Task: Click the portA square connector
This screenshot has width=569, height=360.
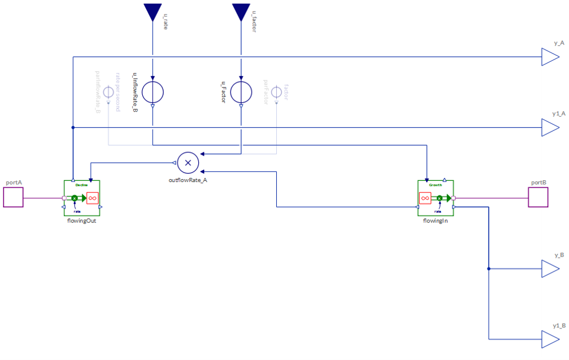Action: (x=13, y=198)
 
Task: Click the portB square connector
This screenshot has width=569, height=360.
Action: (x=538, y=198)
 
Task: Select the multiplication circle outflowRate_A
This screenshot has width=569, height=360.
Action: (x=188, y=162)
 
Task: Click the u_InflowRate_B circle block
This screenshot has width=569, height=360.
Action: (x=152, y=92)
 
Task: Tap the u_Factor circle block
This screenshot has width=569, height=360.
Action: (x=241, y=92)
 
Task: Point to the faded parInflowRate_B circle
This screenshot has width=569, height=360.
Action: (x=108, y=92)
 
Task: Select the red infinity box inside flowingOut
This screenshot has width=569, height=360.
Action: (x=92, y=198)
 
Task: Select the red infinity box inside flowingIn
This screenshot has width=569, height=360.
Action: (x=425, y=198)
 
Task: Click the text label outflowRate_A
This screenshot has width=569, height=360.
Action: (x=188, y=180)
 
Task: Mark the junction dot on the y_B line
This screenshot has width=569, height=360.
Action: (x=489, y=269)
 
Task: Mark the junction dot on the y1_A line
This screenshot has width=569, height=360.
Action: (x=73, y=127)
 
